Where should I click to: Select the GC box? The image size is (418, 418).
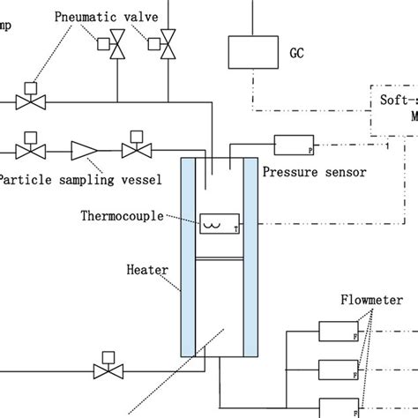(252, 51)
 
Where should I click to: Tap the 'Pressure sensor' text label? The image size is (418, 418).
(313, 172)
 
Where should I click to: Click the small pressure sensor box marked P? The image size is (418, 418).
(294, 144)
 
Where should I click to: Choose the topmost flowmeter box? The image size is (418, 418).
(338, 332)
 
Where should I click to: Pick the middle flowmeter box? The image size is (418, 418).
(338, 369)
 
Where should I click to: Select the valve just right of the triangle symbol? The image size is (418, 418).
(138, 149)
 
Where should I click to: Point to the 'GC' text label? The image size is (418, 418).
(297, 52)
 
